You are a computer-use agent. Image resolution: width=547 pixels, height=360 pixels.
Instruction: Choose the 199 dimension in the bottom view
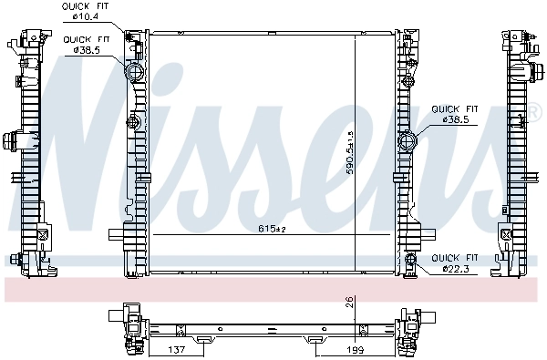355,350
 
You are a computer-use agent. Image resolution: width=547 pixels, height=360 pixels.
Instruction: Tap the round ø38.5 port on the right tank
408,141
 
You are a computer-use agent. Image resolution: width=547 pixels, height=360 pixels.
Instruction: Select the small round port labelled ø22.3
411,262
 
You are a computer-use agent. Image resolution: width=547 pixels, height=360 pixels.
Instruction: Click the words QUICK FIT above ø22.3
455,258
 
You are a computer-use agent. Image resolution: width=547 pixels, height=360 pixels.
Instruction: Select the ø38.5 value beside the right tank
455,119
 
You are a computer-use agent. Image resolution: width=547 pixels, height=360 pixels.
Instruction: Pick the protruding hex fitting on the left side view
12,141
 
